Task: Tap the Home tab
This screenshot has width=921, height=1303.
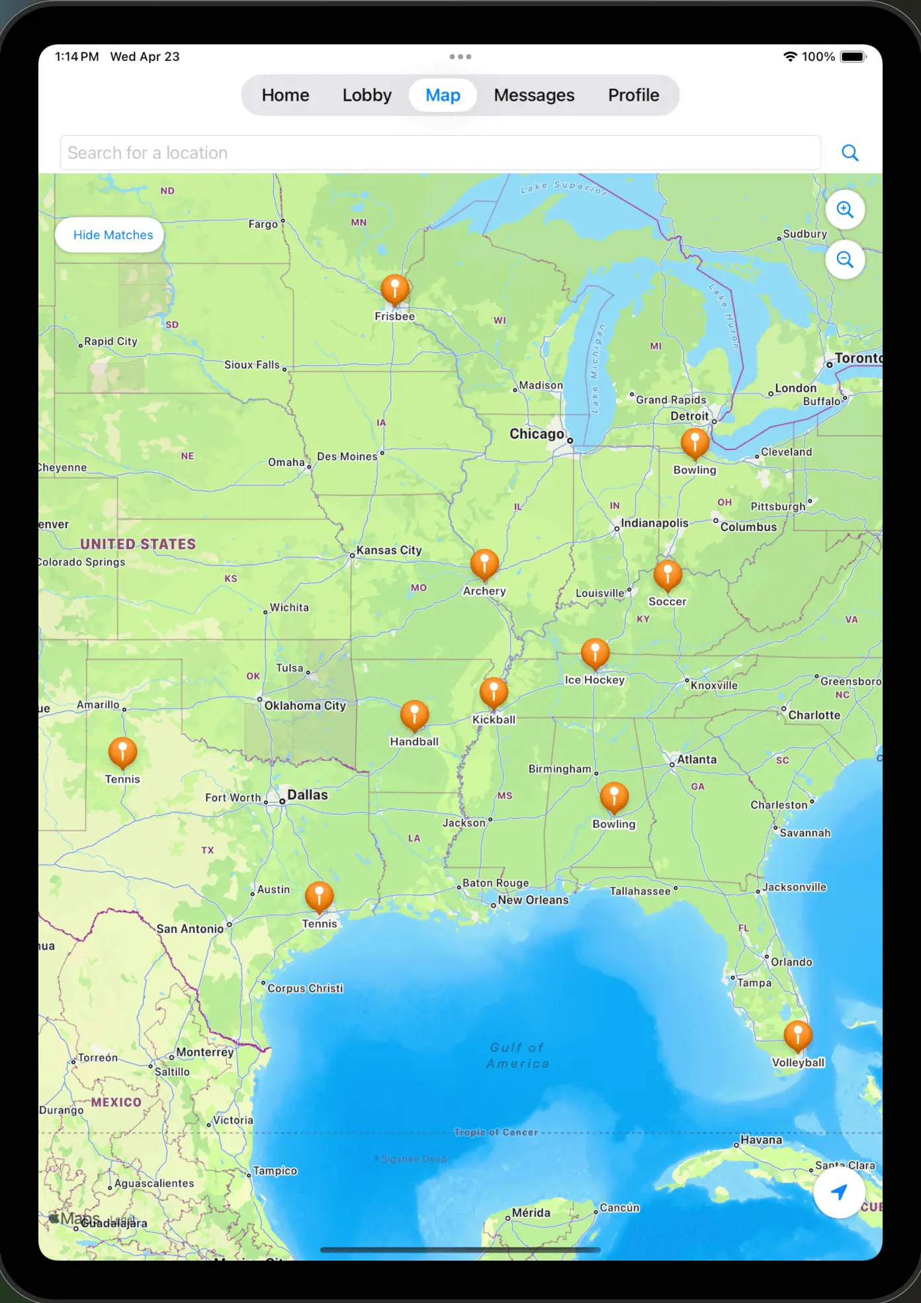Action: pyautogui.click(x=285, y=95)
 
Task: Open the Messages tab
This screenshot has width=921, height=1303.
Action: pyautogui.click(x=534, y=95)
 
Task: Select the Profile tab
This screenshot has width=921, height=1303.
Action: pyautogui.click(x=633, y=95)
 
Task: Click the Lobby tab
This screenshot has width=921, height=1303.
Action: pyautogui.click(x=367, y=95)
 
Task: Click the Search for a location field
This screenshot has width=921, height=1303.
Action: pyautogui.click(x=440, y=153)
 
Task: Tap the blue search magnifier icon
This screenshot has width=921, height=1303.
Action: pyautogui.click(x=850, y=153)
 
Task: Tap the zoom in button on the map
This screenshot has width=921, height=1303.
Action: pyautogui.click(x=845, y=210)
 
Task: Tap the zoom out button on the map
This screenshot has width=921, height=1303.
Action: pyautogui.click(x=845, y=260)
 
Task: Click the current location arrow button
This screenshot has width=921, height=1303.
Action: pyautogui.click(x=839, y=1192)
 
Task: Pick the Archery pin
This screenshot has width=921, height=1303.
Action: pyautogui.click(x=484, y=565)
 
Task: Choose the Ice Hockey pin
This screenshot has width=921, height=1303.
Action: pyautogui.click(x=595, y=654)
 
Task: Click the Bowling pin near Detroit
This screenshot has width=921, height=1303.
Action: pyautogui.click(x=695, y=444)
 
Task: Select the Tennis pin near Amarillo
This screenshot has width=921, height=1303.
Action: pyautogui.click(x=122, y=753)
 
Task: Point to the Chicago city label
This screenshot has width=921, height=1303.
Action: pyautogui.click(x=537, y=434)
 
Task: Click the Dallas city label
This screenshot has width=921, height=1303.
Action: pyautogui.click(x=307, y=795)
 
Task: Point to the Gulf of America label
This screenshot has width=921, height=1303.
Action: pyautogui.click(x=517, y=1055)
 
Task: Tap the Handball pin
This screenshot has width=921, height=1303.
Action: pyautogui.click(x=414, y=716)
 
